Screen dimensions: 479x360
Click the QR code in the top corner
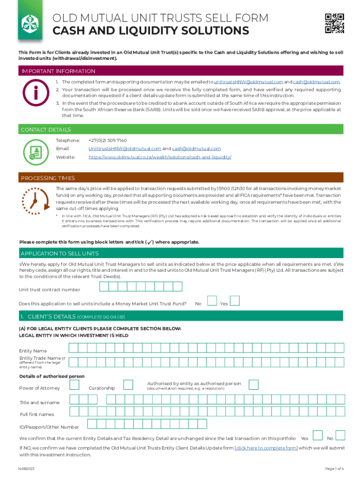click(x=334, y=23)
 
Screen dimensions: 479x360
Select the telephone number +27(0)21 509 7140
click(x=108, y=140)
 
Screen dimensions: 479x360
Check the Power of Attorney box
click(x=74, y=385)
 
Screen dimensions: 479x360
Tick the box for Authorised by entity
click(x=253, y=385)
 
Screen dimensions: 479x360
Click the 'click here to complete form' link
click(x=266, y=448)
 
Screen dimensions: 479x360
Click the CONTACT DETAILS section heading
click(x=46, y=130)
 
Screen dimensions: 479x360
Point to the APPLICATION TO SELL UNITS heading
click(x=59, y=254)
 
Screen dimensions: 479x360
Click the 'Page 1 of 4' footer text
click(x=334, y=469)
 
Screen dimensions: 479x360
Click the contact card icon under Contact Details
click(x=36, y=152)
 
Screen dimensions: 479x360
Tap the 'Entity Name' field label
click(x=33, y=351)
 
